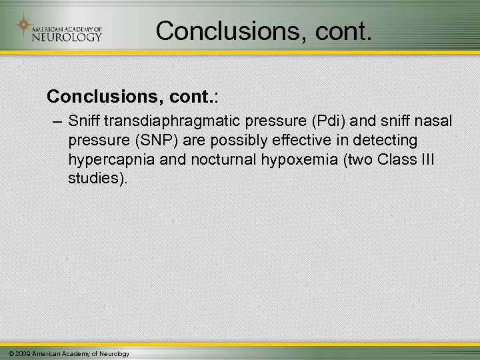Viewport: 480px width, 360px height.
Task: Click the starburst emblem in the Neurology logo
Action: (x=24, y=26)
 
